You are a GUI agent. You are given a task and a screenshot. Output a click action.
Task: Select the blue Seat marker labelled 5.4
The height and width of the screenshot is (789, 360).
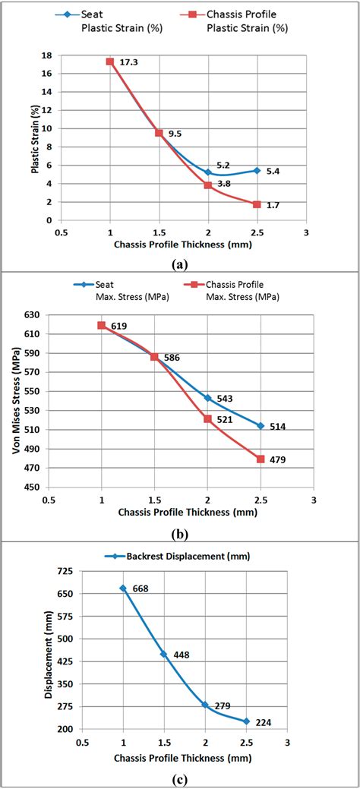[x=257, y=171]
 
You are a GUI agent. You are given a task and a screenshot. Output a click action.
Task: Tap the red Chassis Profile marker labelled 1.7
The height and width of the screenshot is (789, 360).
[x=257, y=204]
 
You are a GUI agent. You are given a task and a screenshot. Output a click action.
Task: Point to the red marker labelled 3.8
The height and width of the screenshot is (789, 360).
[x=208, y=185]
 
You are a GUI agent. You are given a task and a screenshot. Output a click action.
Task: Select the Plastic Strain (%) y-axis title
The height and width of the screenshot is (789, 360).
[x=35, y=137]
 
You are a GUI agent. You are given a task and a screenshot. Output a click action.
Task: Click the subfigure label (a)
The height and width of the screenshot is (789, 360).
[x=180, y=264]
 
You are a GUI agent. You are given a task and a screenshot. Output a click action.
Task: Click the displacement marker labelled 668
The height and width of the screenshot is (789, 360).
[x=122, y=589]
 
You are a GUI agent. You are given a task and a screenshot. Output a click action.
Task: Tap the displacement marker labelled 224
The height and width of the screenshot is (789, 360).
[x=245, y=721]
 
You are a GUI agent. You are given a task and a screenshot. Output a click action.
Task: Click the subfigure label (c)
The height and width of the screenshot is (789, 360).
[x=180, y=779]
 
